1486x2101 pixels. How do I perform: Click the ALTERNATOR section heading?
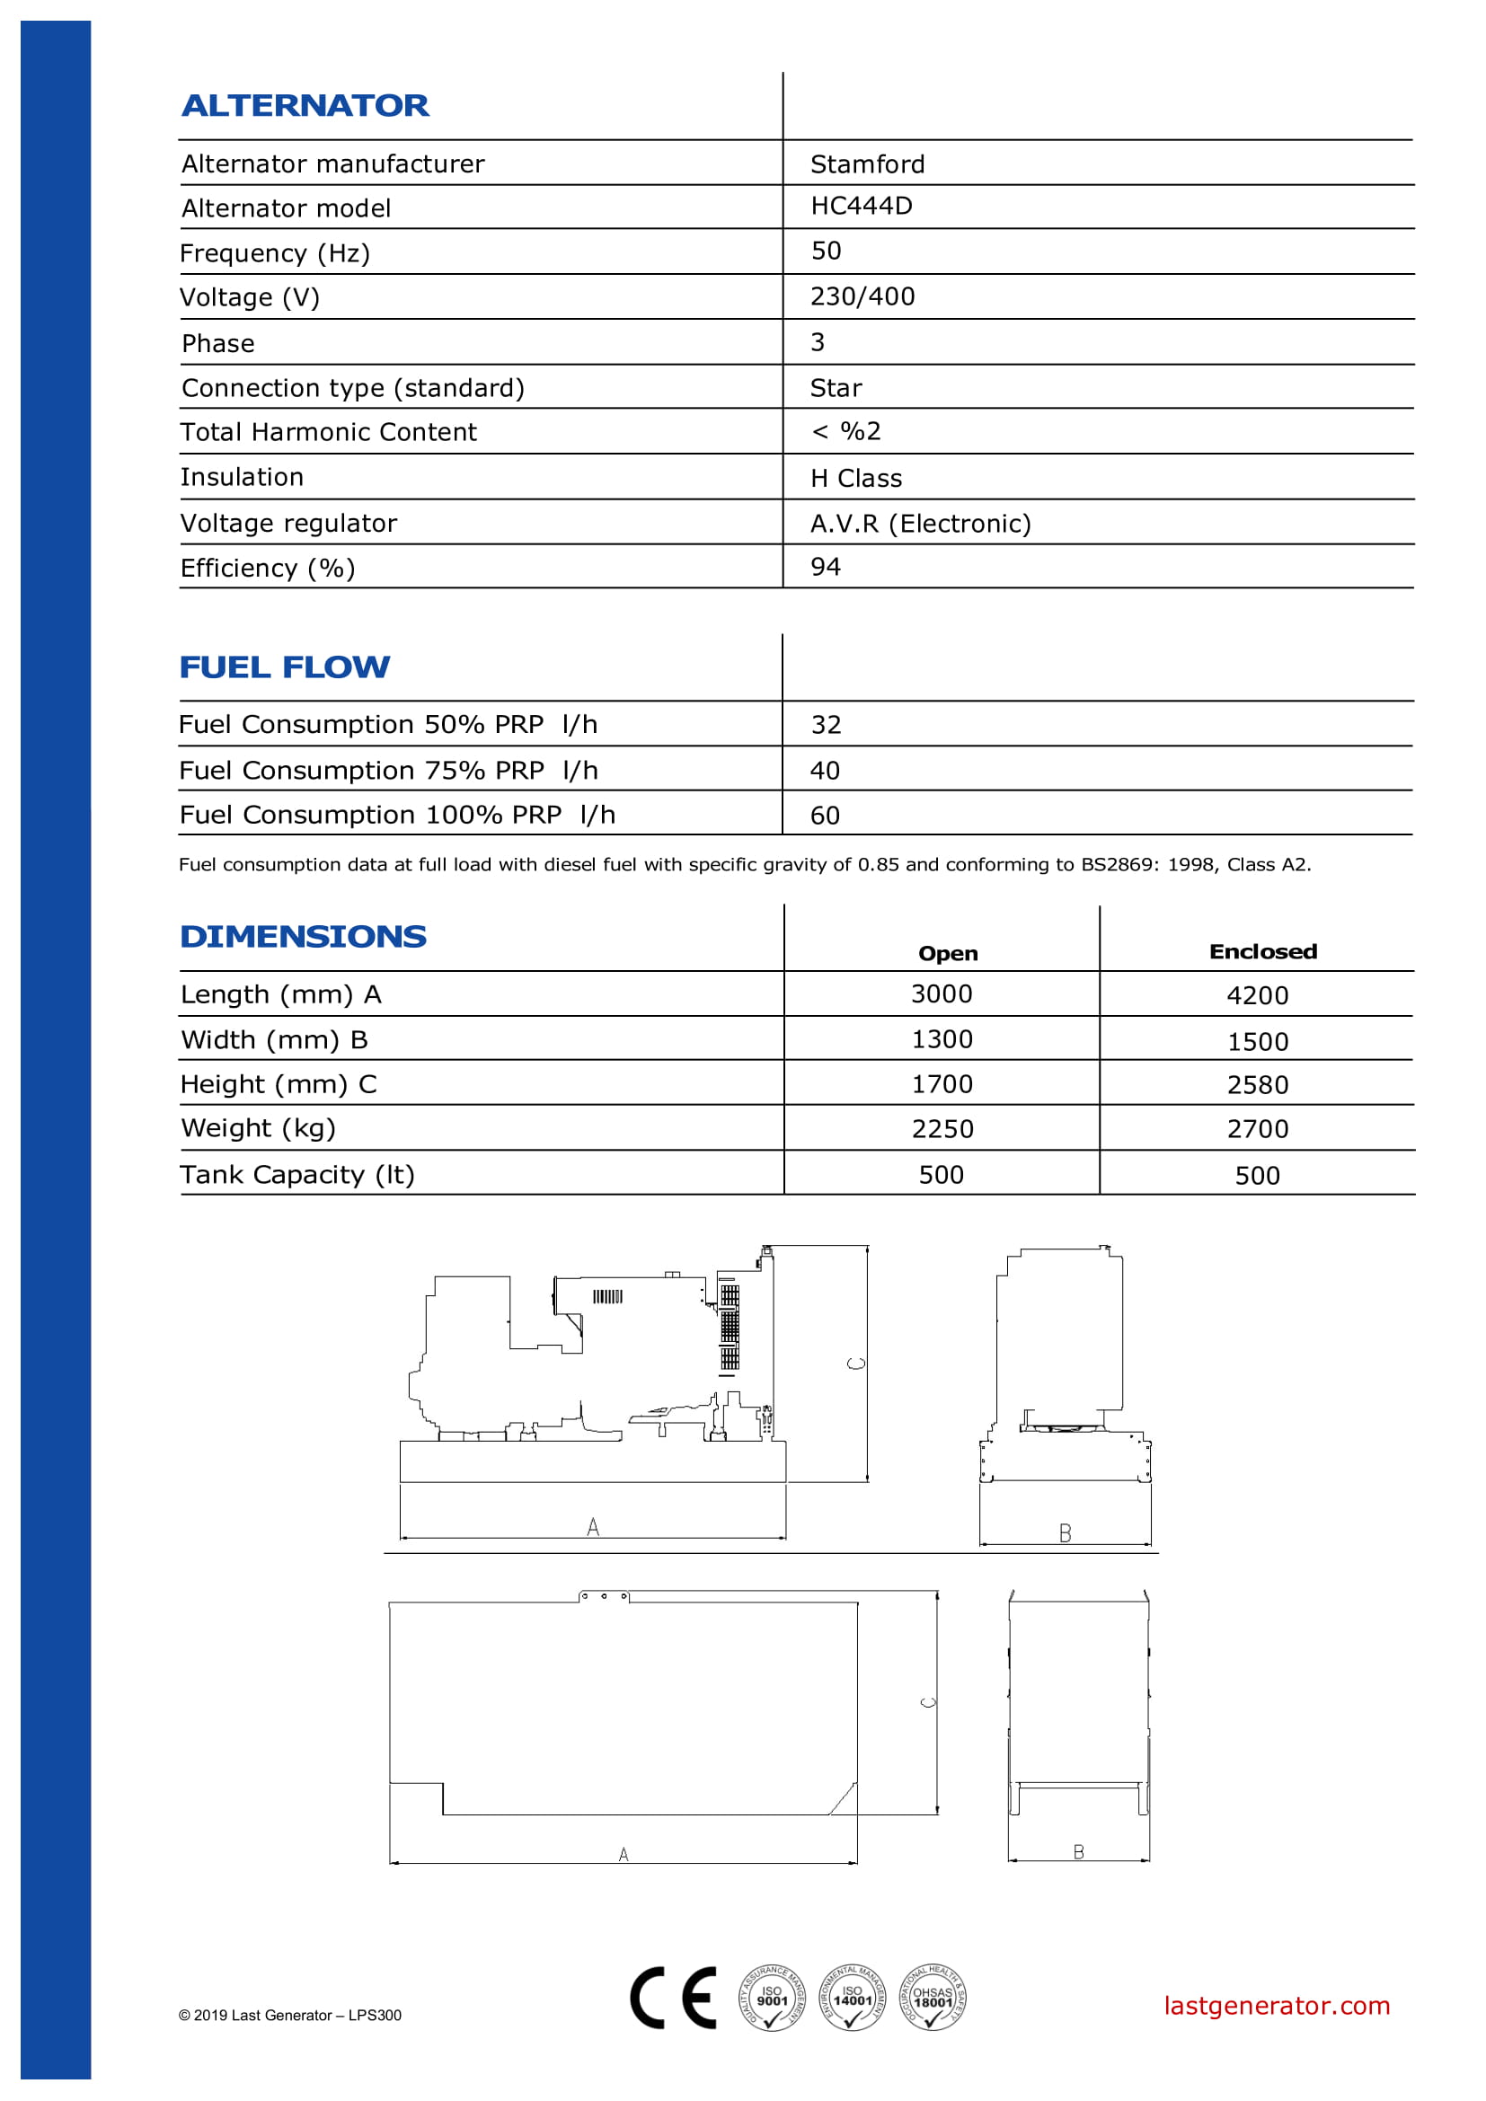305,105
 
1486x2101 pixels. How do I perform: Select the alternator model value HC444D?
861,206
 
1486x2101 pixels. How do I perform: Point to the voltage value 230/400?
862,296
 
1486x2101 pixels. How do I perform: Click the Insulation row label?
242,477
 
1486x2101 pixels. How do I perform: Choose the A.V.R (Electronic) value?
920,524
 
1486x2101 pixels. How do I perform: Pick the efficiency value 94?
826,567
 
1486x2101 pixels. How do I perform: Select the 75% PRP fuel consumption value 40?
825,771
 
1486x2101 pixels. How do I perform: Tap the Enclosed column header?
1262,951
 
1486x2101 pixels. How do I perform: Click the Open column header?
948,954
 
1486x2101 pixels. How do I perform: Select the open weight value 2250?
942,1128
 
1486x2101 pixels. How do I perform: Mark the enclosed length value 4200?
1257,995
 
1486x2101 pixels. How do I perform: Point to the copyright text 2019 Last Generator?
290,2015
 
